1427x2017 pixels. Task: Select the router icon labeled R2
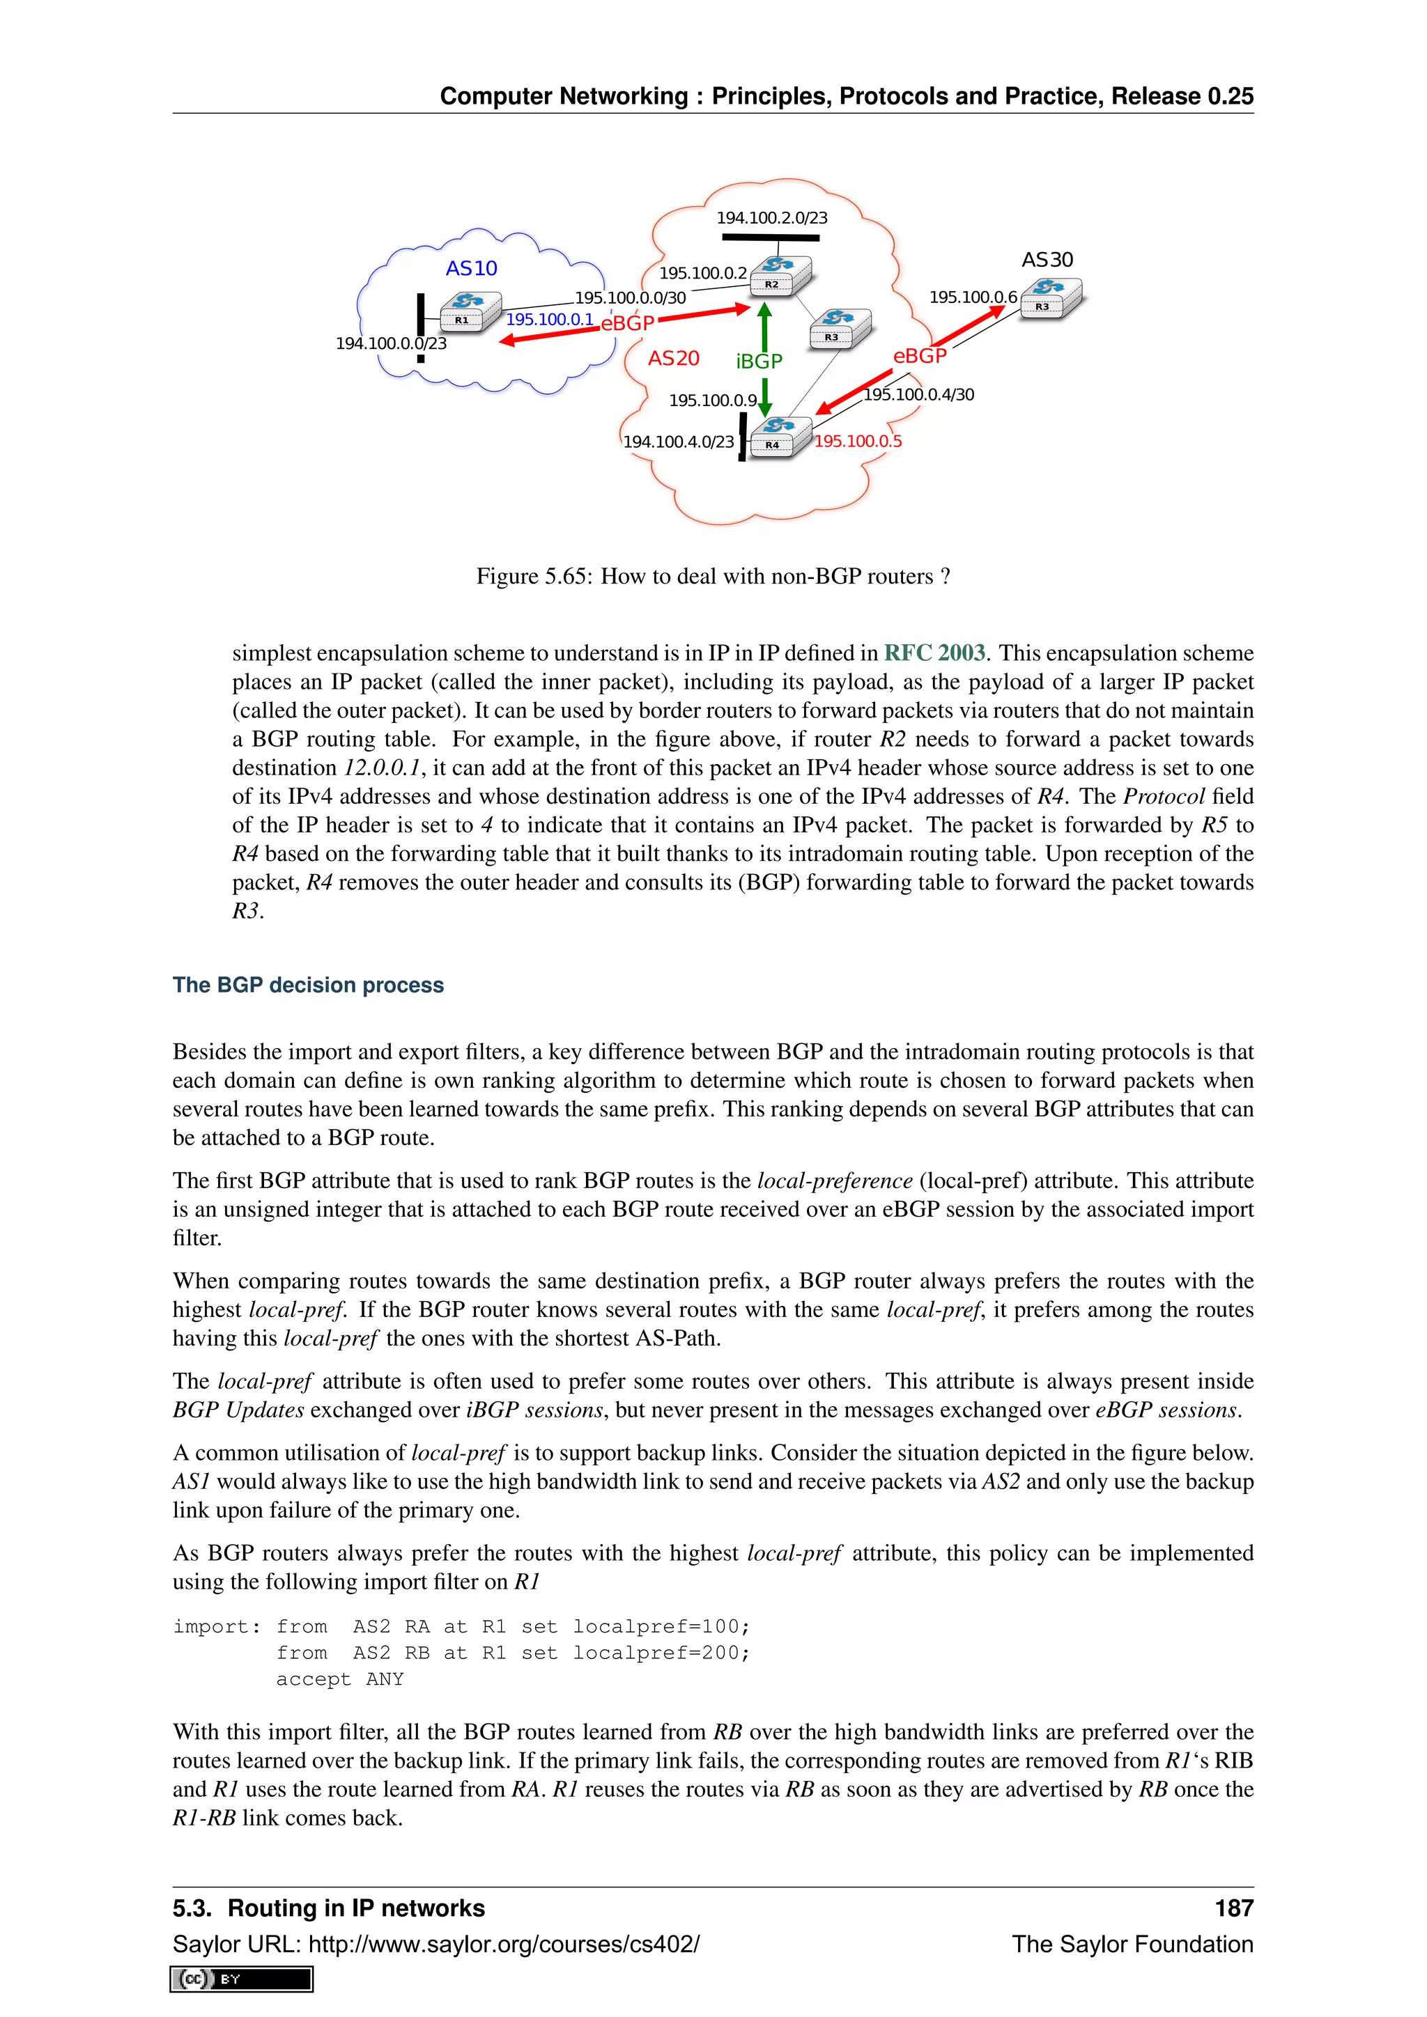pos(780,275)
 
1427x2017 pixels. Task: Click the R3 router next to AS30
pos(1051,298)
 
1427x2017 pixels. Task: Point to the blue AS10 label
pos(471,268)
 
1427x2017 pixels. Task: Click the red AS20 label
pos(673,359)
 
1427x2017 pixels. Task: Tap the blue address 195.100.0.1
pos(549,320)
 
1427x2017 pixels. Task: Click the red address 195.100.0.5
pos(858,441)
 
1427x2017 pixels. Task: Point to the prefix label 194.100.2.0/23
pos(771,218)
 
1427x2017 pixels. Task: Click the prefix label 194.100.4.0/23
pos(679,442)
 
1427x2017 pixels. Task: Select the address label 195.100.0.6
pos(973,297)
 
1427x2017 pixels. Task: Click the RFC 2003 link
pos(934,653)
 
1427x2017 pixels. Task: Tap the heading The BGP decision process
pos(307,985)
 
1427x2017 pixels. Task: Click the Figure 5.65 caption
pos(713,576)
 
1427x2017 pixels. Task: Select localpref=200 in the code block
pos(661,1653)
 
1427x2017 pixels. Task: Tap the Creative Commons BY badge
pos(242,1979)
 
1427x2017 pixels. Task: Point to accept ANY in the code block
pos(339,1679)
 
